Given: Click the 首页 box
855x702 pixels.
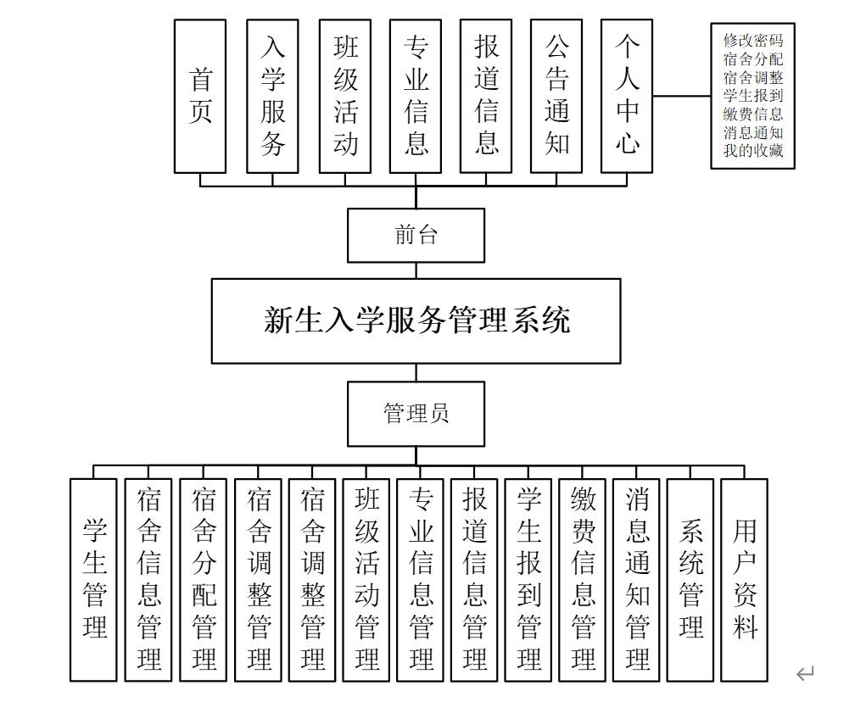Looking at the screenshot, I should (200, 96).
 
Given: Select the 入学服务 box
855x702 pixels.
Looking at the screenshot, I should (272, 96).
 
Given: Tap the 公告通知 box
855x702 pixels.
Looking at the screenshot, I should (556, 96).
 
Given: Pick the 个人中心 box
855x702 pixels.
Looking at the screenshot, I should (627, 96).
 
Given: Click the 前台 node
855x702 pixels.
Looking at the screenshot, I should (416, 235).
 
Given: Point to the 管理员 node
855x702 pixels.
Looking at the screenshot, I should (416, 414).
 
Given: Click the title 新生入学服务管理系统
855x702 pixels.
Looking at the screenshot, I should (416, 320).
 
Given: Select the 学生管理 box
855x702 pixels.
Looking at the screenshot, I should (93, 580).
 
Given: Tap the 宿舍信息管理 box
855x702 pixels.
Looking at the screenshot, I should (148, 580).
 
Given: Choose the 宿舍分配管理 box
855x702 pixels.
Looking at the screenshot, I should (204, 580).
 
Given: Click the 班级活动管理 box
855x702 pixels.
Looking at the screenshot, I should (366, 580).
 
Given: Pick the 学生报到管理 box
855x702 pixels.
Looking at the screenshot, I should (528, 580).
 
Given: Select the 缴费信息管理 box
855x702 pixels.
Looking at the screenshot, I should (583, 580).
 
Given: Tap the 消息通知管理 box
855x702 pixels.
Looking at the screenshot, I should (637, 580).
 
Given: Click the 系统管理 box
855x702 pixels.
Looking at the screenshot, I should (690, 580).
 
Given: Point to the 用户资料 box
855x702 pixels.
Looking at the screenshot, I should (745, 580).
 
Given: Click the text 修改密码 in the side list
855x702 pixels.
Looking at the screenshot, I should (753, 40).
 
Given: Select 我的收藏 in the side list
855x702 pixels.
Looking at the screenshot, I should (753, 153).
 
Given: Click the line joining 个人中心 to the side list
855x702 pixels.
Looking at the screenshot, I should (682, 96).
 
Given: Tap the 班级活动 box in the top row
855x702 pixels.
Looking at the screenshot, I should (345, 96).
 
